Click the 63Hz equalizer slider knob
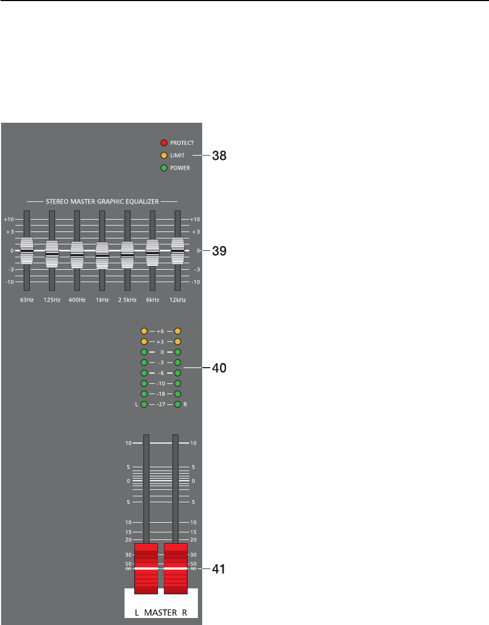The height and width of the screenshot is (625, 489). point(26,250)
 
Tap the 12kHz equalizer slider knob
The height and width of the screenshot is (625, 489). point(177,250)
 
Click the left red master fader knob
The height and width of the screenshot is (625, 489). point(146,568)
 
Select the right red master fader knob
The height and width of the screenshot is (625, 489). point(176,568)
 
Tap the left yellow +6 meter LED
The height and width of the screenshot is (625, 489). point(144,331)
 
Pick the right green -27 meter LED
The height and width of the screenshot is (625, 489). point(177,404)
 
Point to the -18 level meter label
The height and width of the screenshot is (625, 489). point(161,394)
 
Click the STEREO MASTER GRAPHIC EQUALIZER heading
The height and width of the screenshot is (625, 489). point(102,201)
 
